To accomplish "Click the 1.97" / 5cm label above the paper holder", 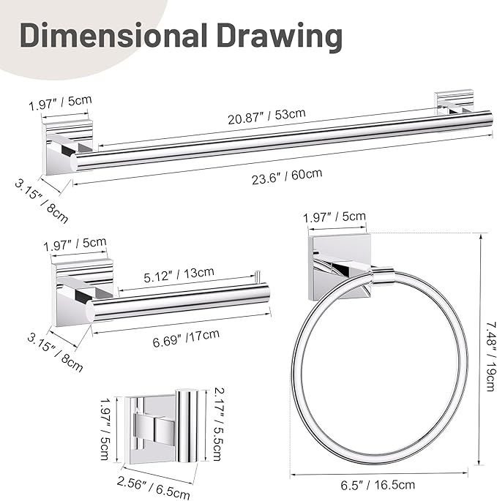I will [74, 244].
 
